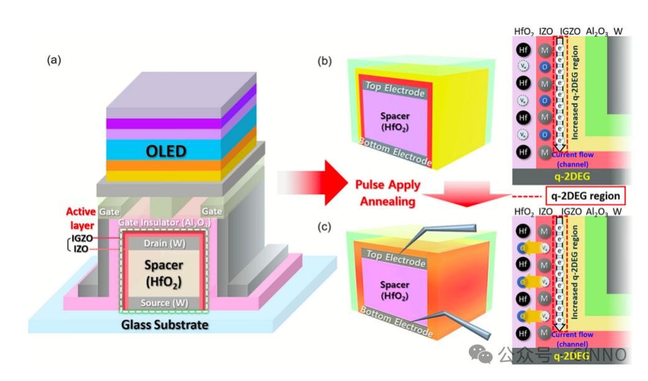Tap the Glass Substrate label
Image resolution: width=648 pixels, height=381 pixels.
point(166,325)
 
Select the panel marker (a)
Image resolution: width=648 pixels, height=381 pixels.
point(55,60)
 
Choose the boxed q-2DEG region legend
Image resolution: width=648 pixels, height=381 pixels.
point(585,195)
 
